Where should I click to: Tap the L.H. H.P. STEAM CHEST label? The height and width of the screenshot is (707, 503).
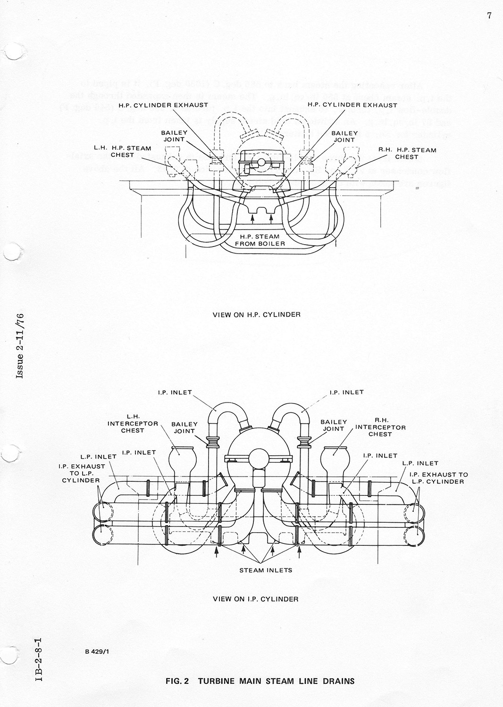pyautogui.click(x=123, y=151)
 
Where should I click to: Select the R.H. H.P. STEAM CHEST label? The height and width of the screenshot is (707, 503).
pyautogui.click(x=407, y=153)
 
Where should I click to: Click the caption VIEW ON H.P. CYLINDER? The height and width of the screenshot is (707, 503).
pyautogui.click(x=256, y=314)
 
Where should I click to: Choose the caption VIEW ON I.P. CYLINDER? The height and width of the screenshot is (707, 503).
pyautogui.click(x=255, y=599)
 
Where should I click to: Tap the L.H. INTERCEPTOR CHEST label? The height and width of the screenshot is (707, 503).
pyautogui.click(x=133, y=423)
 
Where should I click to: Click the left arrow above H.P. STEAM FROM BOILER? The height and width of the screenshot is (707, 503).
pyautogui.click(x=253, y=219)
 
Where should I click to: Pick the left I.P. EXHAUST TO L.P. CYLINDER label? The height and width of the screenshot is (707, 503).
pyautogui.click(x=81, y=473)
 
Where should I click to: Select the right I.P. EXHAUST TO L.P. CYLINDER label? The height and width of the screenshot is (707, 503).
pyautogui.click(x=438, y=478)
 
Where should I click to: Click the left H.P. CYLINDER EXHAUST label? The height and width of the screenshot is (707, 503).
pyautogui.click(x=163, y=105)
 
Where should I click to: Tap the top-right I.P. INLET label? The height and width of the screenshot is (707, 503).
pyautogui.click(x=346, y=392)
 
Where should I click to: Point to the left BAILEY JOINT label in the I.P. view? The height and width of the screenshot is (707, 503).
pyautogui.click(x=184, y=427)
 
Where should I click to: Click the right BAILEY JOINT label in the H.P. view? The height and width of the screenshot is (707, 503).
pyautogui.click(x=344, y=136)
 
